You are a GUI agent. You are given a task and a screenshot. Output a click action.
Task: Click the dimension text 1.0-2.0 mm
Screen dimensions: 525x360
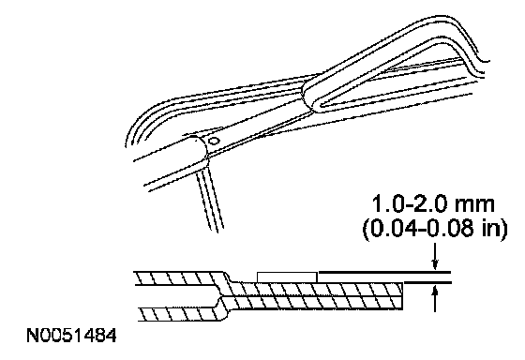pyautogui.click(x=433, y=204)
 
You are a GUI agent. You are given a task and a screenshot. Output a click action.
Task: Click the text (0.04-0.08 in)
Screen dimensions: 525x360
pyautogui.click(x=435, y=229)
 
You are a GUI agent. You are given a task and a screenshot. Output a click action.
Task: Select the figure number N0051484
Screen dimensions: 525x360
pyautogui.click(x=71, y=336)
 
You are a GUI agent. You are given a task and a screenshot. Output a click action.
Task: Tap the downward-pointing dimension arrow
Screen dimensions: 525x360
pyautogui.click(x=435, y=257)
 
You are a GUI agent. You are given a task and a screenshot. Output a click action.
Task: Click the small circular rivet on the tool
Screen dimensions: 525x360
pyautogui.click(x=213, y=141)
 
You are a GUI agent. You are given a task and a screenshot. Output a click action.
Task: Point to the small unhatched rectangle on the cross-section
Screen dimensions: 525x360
pyautogui.click(x=287, y=277)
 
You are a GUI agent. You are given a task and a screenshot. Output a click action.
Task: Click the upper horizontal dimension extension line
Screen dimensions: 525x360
pyautogui.click(x=384, y=272)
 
